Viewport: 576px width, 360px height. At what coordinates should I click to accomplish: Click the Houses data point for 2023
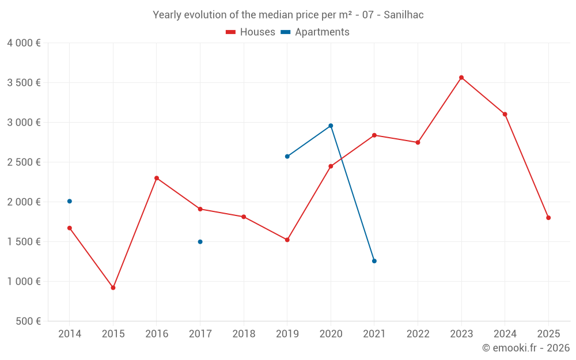(461, 78)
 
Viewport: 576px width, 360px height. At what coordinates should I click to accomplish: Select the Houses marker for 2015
(113, 287)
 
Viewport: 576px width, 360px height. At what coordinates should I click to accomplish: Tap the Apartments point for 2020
(331, 126)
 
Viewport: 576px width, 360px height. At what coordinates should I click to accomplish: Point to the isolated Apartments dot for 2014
(70, 201)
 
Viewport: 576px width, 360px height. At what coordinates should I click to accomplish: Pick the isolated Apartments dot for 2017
(200, 242)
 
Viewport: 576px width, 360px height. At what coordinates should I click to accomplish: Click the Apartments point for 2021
(374, 261)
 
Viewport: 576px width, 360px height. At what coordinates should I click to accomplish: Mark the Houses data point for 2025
(548, 218)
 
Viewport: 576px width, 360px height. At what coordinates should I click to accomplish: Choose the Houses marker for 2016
(157, 178)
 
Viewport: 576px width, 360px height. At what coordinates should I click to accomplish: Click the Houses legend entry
(251, 32)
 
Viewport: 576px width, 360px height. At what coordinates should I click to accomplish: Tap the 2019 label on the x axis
(287, 334)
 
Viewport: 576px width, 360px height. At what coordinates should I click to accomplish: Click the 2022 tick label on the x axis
(418, 334)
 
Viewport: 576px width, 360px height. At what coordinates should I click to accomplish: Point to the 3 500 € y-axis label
(24, 82)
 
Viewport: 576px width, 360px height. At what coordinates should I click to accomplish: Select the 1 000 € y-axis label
(24, 281)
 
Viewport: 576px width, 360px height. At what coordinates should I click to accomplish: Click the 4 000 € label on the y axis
(24, 43)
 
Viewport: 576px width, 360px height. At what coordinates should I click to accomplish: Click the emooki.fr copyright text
(526, 348)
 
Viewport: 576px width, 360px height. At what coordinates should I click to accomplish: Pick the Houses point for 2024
(505, 114)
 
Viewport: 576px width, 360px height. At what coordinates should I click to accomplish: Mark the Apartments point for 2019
(287, 156)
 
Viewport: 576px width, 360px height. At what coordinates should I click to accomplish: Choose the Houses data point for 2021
(374, 135)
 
